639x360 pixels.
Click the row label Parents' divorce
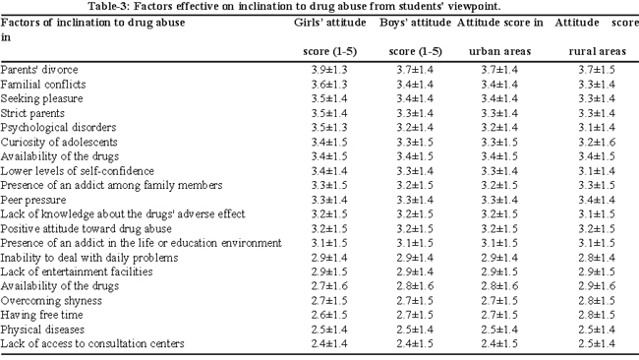[x=39, y=70]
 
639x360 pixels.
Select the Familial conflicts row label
[x=43, y=85]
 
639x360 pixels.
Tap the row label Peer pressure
[x=33, y=201]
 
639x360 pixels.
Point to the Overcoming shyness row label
[x=51, y=301]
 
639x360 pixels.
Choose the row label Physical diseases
[x=42, y=330]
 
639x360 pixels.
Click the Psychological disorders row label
[x=58, y=128]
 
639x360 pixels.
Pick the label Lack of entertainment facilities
[x=77, y=271]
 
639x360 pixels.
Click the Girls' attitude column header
[x=330, y=23]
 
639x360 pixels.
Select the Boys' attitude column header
[x=415, y=23]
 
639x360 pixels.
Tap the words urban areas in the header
[x=499, y=52]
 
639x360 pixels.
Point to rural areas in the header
[x=597, y=52]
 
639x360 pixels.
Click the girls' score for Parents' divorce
[x=329, y=70]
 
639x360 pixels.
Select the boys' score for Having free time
[x=415, y=315]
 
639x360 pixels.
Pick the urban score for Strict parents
[x=499, y=113]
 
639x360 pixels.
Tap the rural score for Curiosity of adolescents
[x=597, y=143]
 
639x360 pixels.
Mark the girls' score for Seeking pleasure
[x=329, y=98]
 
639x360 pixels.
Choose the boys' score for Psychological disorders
[x=415, y=128]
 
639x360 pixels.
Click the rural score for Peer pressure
[x=597, y=201]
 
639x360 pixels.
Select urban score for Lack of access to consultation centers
[x=499, y=344]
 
